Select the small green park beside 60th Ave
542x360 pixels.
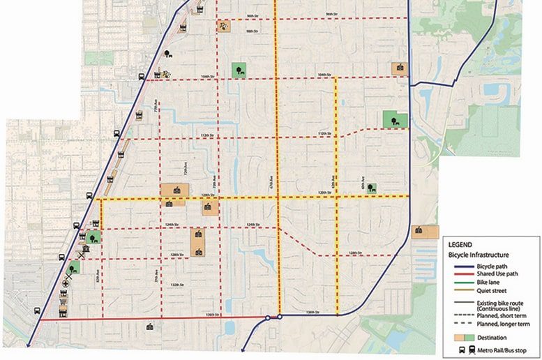coord(371,188)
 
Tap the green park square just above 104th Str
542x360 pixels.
coord(239,69)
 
